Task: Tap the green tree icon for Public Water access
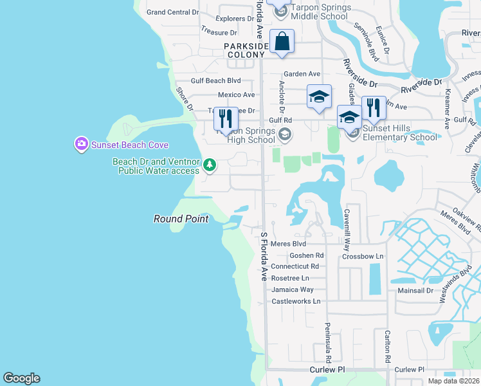(x=209, y=166)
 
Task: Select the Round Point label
(x=181, y=219)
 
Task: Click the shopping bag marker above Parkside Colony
(x=282, y=42)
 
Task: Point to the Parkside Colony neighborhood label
(x=244, y=50)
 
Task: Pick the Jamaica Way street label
(x=293, y=289)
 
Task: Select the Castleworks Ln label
(x=296, y=301)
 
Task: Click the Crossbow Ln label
(x=363, y=256)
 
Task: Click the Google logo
(x=21, y=378)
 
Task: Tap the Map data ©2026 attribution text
(x=453, y=381)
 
